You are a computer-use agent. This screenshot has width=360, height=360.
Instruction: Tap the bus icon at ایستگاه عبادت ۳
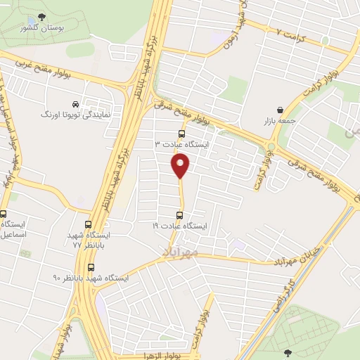181,133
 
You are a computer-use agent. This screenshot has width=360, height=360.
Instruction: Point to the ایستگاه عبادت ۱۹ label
181,226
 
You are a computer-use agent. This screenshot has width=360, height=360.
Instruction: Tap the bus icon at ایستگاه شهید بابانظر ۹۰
90,266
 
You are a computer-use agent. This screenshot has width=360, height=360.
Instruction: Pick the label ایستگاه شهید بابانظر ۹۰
91,278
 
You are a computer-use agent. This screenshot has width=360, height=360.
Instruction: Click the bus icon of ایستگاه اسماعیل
4,215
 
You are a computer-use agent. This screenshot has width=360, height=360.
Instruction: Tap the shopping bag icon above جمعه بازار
281,109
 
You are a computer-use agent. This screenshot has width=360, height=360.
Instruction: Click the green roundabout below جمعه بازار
271,147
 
